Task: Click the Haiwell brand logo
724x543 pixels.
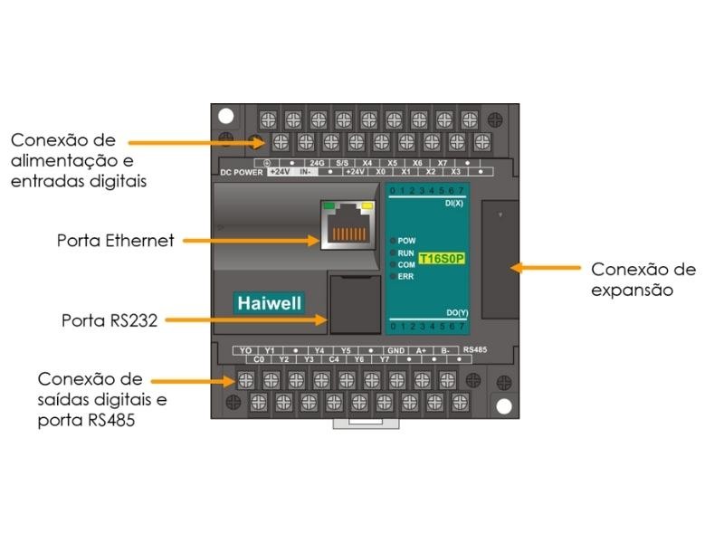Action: click(x=270, y=301)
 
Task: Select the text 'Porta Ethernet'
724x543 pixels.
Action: click(x=115, y=241)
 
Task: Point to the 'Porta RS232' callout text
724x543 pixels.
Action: click(x=110, y=320)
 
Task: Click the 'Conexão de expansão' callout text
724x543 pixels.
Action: click(x=643, y=280)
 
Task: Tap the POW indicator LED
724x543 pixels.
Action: click(x=393, y=242)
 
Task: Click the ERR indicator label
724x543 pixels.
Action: click(x=405, y=276)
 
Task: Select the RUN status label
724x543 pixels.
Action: click(x=406, y=253)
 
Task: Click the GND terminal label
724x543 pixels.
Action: click(x=395, y=349)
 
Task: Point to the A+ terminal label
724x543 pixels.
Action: click(x=421, y=349)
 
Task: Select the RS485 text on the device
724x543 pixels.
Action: click(x=475, y=348)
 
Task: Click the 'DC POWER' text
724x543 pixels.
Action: click(x=242, y=172)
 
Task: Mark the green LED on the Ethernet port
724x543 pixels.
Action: click(x=327, y=205)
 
